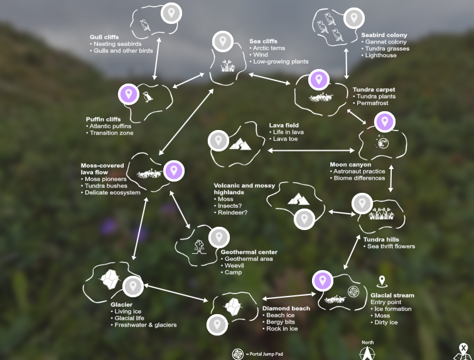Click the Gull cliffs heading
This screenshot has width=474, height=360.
click(x=104, y=37)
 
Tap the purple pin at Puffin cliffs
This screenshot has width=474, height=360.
click(x=128, y=94)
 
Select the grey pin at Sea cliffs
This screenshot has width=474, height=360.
click(x=221, y=41)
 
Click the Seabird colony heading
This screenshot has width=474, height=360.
click(x=384, y=35)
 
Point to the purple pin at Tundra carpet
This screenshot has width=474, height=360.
click(x=319, y=80)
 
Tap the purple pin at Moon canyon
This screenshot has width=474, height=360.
click(x=384, y=121)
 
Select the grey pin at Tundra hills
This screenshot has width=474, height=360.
click(x=361, y=203)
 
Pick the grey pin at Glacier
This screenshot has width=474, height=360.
click(x=131, y=286)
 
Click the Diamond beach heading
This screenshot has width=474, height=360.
click(x=286, y=308)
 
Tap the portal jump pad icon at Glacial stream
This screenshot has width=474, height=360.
click(x=353, y=292)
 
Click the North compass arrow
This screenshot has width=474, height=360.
click(x=367, y=351)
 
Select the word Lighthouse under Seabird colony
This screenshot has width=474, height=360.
click(x=380, y=55)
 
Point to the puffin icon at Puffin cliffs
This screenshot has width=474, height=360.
click(x=147, y=97)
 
